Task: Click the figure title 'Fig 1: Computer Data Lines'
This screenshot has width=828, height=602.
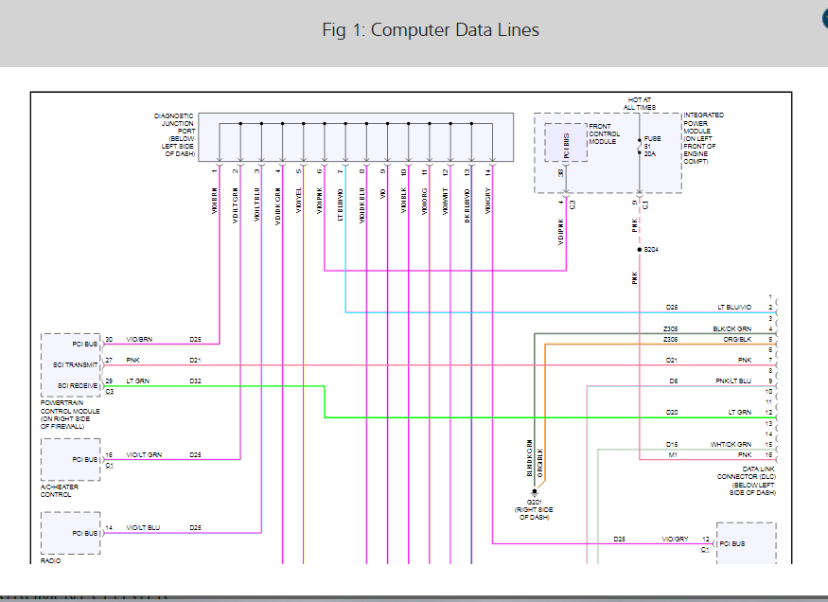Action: coord(431,30)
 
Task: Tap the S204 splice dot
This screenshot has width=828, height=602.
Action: coord(640,249)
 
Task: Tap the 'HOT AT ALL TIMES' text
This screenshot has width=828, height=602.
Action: coord(640,103)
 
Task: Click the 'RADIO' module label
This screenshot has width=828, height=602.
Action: coord(50,560)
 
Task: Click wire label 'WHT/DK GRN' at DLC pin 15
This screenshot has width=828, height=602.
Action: coord(731,444)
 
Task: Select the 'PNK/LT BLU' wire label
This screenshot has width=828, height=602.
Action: coord(732,381)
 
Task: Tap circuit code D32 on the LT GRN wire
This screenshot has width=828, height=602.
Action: coord(195,381)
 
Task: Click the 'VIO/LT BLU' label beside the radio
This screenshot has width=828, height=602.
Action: coord(145,527)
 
